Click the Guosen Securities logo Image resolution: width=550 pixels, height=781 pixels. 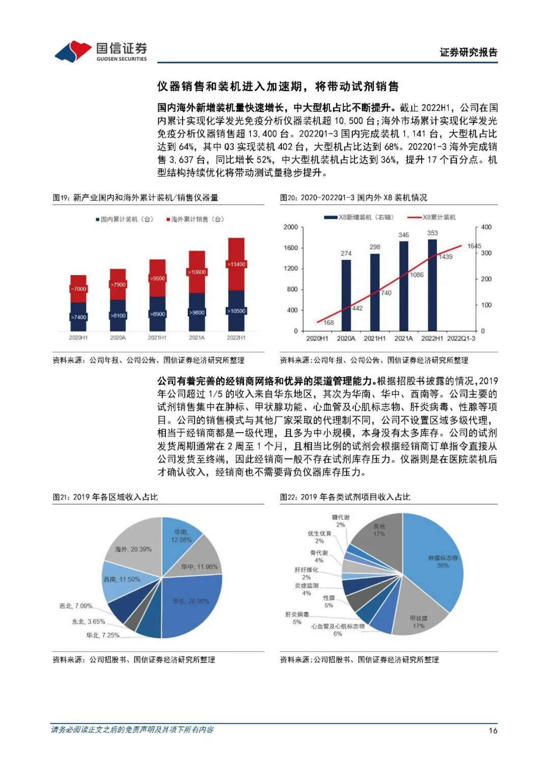tap(101, 51)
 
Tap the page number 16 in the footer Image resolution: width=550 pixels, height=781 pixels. tap(492, 730)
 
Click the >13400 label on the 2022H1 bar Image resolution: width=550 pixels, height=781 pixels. tap(236, 264)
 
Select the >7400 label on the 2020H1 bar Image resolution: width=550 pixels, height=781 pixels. tap(78, 317)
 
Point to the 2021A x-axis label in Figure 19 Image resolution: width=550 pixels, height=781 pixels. tap(197, 338)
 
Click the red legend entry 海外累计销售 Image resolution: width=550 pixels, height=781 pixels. tap(195, 219)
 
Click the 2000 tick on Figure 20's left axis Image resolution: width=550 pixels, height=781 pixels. tap(290, 227)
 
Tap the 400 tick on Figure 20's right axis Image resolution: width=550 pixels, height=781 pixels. tap(486, 227)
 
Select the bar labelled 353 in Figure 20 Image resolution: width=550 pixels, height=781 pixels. tap(432, 285)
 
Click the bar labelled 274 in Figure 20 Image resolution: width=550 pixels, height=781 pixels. tap(346, 295)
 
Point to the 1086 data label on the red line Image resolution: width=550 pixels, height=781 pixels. tap(417, 275)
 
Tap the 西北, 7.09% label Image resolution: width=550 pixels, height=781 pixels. tap(76, 606)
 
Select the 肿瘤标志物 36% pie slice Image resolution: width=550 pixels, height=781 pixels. tap(438, 560)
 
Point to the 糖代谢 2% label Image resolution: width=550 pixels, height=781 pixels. tap(341, 521)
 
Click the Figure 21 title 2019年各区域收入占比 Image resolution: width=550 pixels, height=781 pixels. tap(105, 497)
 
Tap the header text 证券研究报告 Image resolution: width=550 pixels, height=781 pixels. tap(469, 52)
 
